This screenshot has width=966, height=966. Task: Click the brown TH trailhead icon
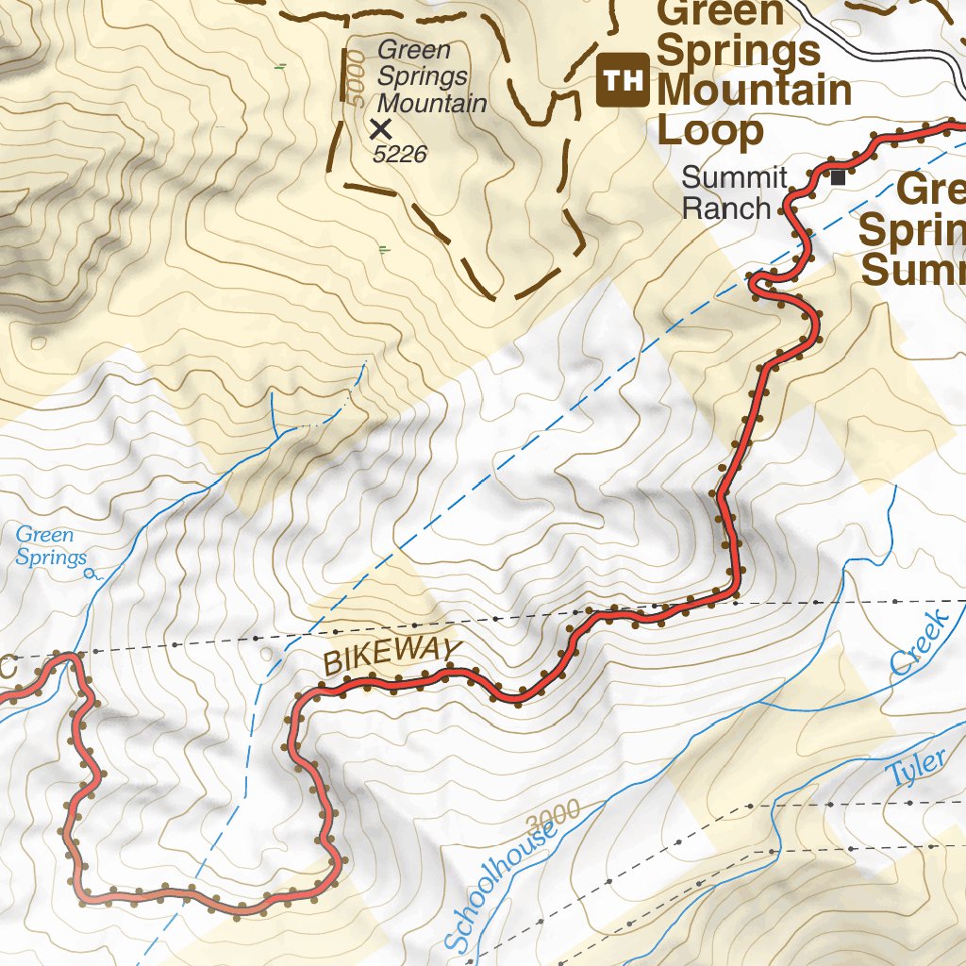(623, 80)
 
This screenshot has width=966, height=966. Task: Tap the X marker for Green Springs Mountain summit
(381, 128)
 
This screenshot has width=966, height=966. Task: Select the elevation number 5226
(401, 154)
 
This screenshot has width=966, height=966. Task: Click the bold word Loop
(709, 130)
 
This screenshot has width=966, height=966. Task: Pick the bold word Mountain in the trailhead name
(755, 91)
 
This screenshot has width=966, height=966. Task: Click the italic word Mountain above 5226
(432, 103)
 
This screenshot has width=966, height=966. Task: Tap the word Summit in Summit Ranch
(734, 177)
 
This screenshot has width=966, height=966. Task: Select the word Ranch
(726, 208)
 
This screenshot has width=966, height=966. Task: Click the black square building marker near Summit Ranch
(837, 175)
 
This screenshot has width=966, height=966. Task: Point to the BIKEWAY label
(392, 657)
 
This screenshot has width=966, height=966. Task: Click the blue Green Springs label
(51, 546)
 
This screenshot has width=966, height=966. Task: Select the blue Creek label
(918, 643)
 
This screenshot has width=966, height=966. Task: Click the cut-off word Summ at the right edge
(913, 270)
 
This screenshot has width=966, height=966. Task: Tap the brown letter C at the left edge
(7, 669)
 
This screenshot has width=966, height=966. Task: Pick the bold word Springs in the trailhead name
(738, 51)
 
